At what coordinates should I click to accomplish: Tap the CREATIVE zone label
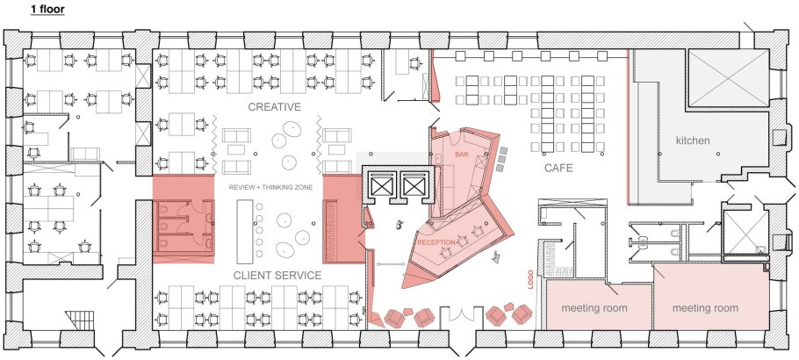pos(274,107)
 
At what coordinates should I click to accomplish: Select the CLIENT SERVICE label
pos(277,276)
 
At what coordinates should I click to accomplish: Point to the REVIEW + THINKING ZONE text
pos(271,188)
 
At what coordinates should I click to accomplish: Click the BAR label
pos(462,155)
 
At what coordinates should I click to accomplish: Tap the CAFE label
pos(558,167)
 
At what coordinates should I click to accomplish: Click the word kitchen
pos(692,140)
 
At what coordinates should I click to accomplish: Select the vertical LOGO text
pos(529,278)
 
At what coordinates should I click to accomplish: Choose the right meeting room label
pos(705,309)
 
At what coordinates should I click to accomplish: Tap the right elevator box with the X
pos(412,184)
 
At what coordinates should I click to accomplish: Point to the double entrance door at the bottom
pos(457,318)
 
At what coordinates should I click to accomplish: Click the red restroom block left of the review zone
pos(184,220)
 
